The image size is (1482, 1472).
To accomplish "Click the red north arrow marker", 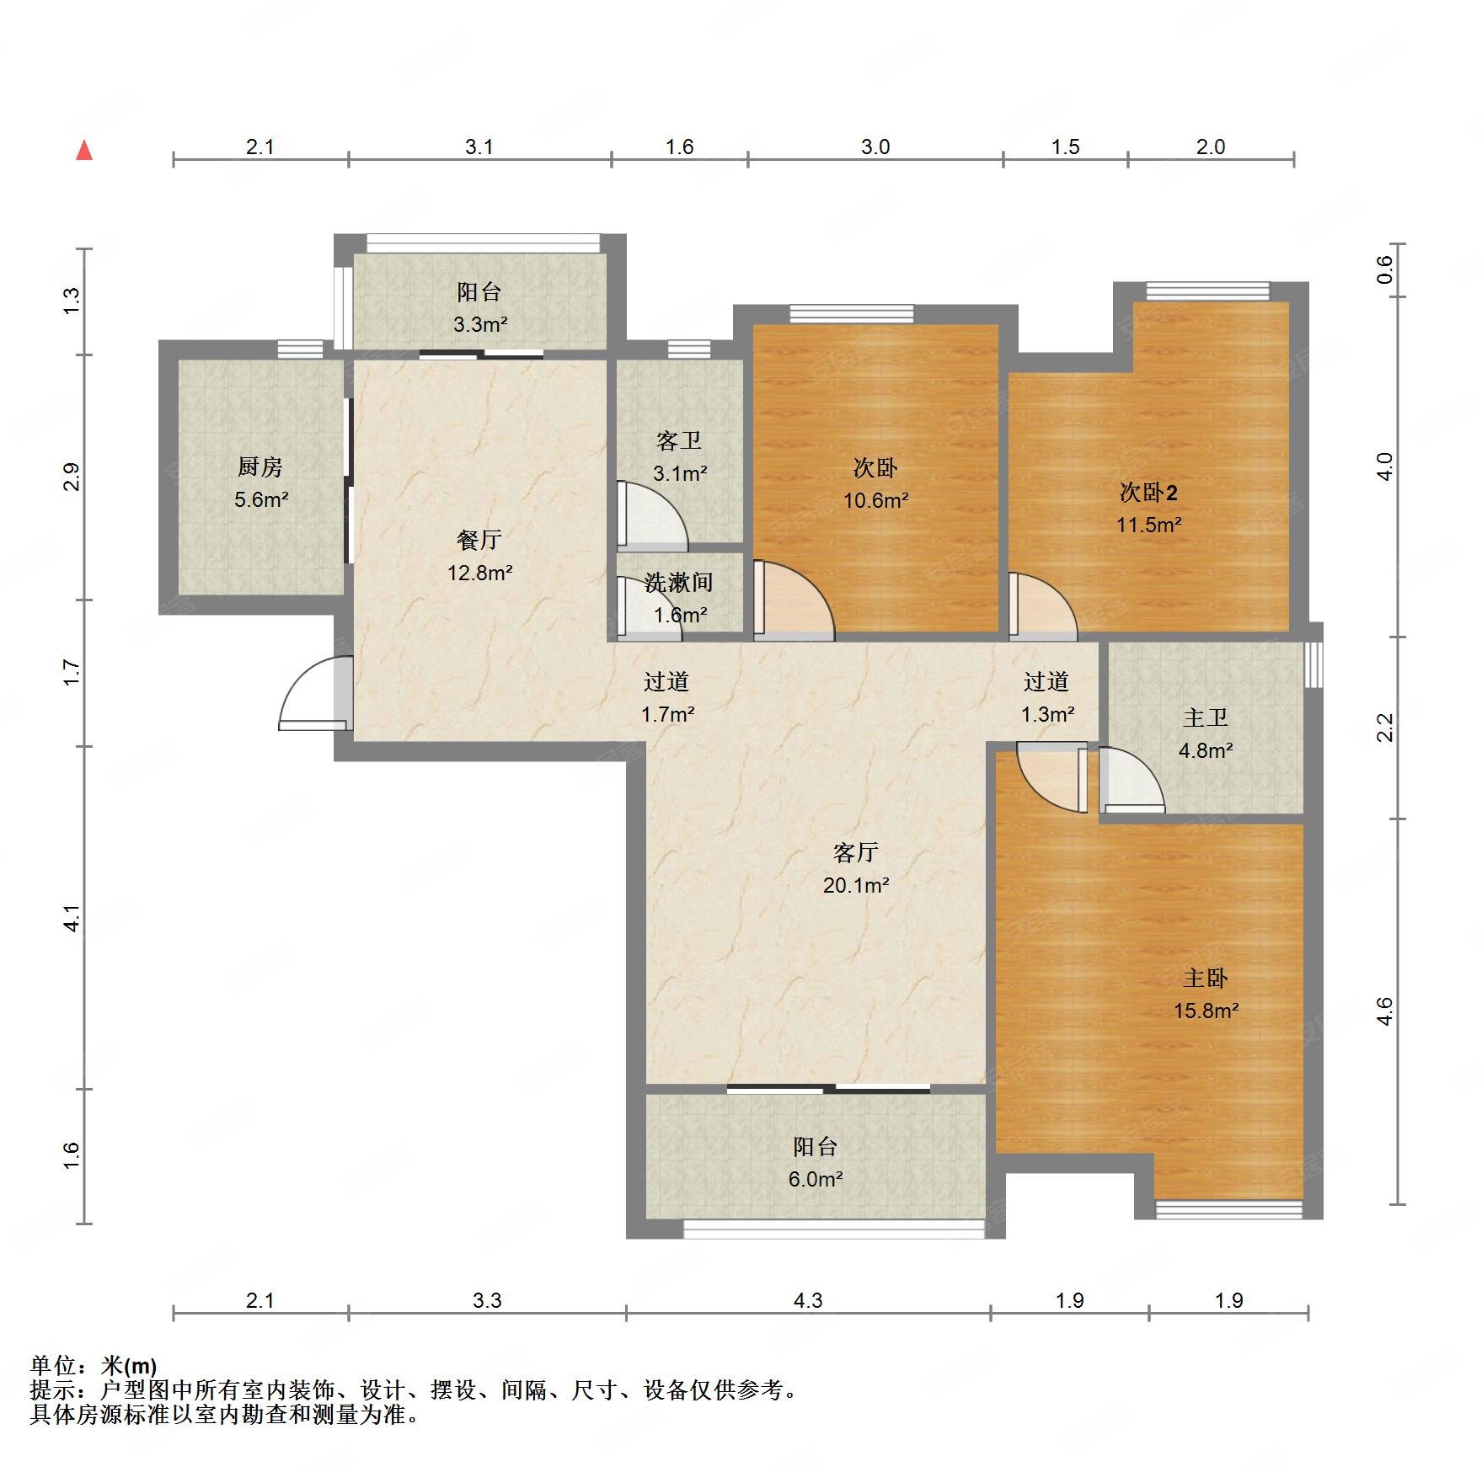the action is coord(84,151).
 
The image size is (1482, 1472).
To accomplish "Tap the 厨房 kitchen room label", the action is coord(260,467).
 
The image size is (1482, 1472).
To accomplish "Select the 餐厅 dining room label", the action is coord(479,539).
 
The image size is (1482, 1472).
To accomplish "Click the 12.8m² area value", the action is coord(480,573).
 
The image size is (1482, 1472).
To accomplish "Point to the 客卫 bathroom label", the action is coord(679,440).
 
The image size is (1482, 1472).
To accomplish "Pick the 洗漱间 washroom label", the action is coord(679,582).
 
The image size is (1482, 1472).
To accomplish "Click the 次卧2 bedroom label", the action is coord(1148,491).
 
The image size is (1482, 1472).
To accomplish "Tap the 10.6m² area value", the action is coord(876,501).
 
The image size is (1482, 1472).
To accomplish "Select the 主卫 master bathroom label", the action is coord(1206,717).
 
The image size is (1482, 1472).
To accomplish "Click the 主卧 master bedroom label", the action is coord(1206,978).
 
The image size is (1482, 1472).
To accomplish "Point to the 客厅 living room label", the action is coord(856,852).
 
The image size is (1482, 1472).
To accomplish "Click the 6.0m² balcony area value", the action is coord(816,1180).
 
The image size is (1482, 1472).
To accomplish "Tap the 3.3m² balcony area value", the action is coord(480,324).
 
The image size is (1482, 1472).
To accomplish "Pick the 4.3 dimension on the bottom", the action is coord(808,1301).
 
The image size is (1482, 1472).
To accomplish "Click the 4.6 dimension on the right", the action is coord(1385,1011).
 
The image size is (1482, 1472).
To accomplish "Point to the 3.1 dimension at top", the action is coord(479,147).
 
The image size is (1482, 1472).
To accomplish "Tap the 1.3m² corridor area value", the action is coord(1048,715).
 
